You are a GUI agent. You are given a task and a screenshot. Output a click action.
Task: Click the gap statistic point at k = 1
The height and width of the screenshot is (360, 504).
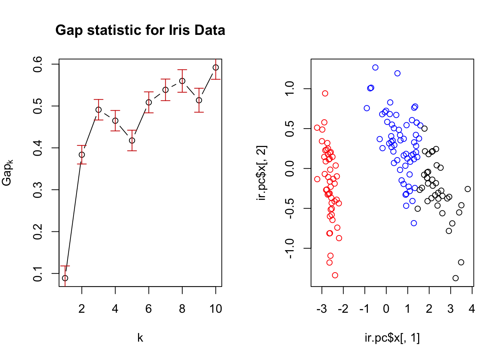65,278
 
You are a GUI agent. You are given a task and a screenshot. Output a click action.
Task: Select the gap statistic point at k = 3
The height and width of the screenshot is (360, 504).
99,110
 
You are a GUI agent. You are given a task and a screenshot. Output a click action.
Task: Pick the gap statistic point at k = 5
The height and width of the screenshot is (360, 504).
132,141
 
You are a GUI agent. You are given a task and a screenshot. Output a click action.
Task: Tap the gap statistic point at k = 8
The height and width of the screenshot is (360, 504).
182,81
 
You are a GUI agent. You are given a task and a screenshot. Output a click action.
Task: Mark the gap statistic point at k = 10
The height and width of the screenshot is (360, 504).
216,67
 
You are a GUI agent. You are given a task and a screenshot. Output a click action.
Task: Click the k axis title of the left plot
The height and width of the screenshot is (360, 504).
140,338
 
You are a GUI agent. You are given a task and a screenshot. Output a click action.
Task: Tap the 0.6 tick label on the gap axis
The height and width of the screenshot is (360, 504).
38,64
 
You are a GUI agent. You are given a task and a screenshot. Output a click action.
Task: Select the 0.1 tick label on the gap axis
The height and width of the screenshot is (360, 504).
38,274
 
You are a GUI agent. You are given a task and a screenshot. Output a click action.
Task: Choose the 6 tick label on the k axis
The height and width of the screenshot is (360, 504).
148,309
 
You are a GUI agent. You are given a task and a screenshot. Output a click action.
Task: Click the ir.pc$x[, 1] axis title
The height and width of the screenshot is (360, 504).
392,338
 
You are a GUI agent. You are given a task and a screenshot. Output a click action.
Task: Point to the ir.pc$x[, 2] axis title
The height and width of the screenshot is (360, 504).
261,172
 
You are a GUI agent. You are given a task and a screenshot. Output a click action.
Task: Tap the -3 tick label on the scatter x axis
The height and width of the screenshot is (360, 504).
321,309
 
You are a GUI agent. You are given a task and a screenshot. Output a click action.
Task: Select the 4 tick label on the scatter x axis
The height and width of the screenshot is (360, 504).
472,309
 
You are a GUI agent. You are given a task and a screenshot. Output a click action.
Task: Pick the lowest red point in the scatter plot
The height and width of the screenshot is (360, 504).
335,275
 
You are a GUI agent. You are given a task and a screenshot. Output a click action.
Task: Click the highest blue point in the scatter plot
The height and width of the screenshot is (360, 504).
375,67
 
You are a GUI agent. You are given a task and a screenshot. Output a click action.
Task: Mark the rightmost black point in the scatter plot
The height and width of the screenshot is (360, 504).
468,189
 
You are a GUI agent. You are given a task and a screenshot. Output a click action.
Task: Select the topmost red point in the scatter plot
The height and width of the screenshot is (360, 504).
325,93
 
